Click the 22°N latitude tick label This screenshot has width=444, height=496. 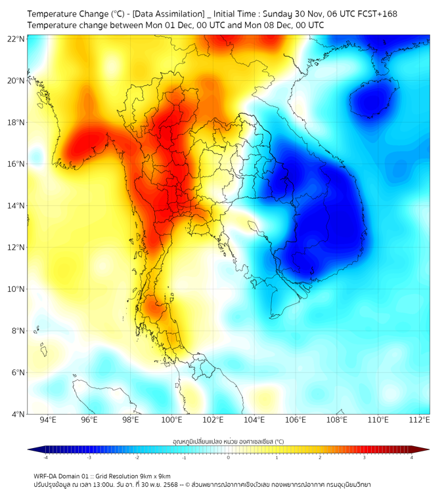click(16, 39)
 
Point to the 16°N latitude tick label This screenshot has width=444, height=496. click(16, 164)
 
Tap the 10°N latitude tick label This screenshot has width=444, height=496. click(16, 289)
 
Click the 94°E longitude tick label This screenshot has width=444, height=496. click(48, 420)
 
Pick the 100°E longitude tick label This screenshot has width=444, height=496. click(172, 420)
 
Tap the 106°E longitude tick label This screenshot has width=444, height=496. click(296, 420)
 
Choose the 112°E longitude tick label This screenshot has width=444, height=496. click(420, 420)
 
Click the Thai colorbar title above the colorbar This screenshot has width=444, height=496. click(228, 442)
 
